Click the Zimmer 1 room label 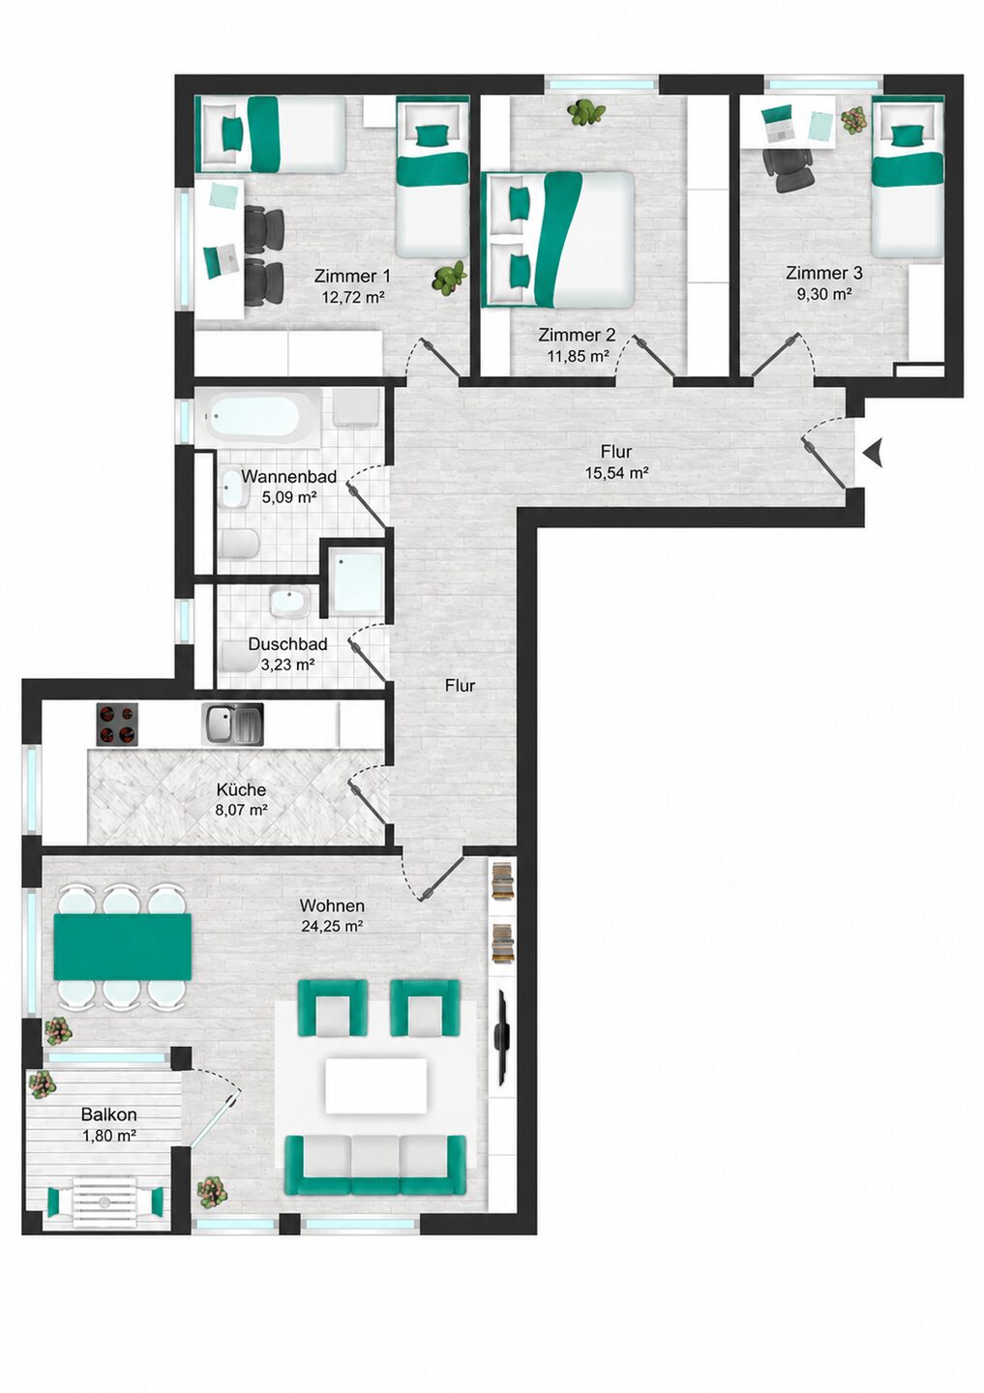(352, 275)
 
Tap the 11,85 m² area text (577, 356)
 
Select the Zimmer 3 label (824, 273)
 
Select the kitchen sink (232, 724)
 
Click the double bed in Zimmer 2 (559, 240)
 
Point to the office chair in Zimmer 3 (788, 168)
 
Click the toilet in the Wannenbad (239, 544)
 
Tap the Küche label (241, 789)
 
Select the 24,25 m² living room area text (332, 926)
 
